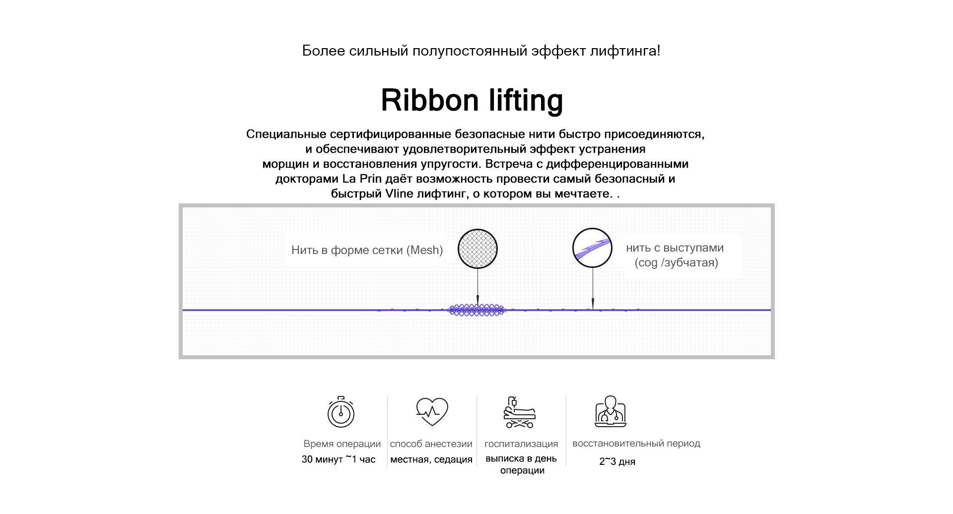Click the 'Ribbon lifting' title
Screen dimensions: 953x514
[x=472, y=101]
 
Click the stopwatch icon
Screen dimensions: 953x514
[x=340, y=412]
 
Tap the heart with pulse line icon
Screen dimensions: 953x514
[x=432, y=411]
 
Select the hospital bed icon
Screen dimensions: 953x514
[x=519, y=412]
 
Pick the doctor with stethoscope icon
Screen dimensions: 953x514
[x=611, y=411]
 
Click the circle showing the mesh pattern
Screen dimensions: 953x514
[x=477, y=249]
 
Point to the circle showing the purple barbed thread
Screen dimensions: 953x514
[x=592, y=248]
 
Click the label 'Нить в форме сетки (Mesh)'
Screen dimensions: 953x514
[x=367, y=250]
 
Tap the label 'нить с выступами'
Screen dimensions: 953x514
[x=675, y=248]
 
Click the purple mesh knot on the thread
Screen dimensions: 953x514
[x=476, y=310]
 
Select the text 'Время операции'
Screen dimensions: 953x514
[x=342, y=444]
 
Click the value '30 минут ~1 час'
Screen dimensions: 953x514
[x=339, y=459]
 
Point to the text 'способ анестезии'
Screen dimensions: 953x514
[x=431, y=444]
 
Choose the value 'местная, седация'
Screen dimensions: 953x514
[x=431, y=459]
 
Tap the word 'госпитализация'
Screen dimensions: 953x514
[x=521, y=444]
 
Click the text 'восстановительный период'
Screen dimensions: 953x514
[x=636, y=444]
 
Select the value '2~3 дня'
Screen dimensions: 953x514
[x=617, y=461]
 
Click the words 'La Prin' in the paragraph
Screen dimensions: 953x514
[x=362, y=179]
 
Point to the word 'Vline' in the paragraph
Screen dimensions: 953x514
[x=399, y=193]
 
